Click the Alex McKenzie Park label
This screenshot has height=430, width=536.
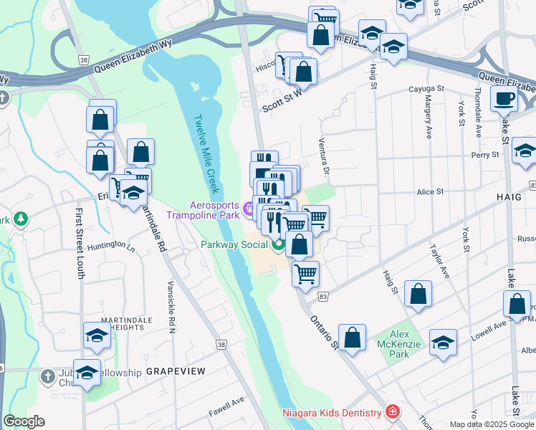[399, 344]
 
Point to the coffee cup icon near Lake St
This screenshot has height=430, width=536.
[504, 98]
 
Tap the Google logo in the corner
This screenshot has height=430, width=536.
[24, 421]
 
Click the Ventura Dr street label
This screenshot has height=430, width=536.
[324, 157]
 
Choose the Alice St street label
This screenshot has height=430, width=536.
[431, 191]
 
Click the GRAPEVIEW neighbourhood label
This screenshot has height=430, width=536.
[176, 371]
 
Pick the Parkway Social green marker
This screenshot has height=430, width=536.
[278, 246]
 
